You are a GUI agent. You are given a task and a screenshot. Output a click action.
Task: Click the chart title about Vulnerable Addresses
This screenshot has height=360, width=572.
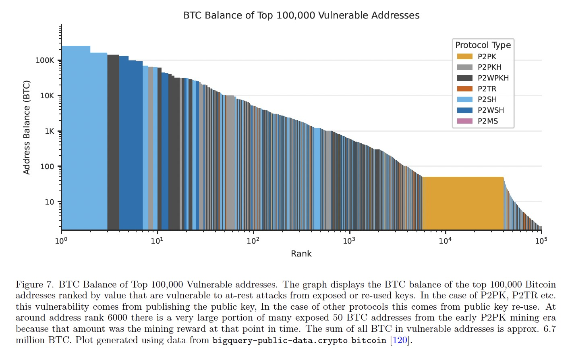point(301,15)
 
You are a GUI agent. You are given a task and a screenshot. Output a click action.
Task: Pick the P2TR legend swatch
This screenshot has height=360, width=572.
point(464,89)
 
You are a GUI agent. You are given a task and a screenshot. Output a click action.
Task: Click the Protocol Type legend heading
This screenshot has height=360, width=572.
point(483,45)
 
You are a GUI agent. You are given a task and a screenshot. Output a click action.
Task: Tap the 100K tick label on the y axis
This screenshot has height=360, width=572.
point(45,60)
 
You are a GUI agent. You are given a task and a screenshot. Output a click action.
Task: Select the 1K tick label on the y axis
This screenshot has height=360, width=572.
point(49,131)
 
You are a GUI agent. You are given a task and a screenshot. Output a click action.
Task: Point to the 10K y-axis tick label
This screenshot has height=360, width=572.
point(47,96)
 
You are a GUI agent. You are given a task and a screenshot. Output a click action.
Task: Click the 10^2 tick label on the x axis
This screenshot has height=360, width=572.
point(253,241)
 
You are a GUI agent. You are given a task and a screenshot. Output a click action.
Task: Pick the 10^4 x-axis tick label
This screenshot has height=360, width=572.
point(445,241)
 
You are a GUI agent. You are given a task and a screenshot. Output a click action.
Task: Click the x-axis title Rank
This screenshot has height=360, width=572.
point(301,254)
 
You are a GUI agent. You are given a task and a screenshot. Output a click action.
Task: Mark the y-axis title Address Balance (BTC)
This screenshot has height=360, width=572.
point(27,127)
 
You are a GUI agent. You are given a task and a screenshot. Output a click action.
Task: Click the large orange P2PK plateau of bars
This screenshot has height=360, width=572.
point(463,203)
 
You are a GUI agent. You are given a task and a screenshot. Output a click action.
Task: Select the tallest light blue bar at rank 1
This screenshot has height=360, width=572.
point(76,137)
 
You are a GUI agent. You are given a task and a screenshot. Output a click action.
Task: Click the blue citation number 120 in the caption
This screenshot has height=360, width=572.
point(400,340)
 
